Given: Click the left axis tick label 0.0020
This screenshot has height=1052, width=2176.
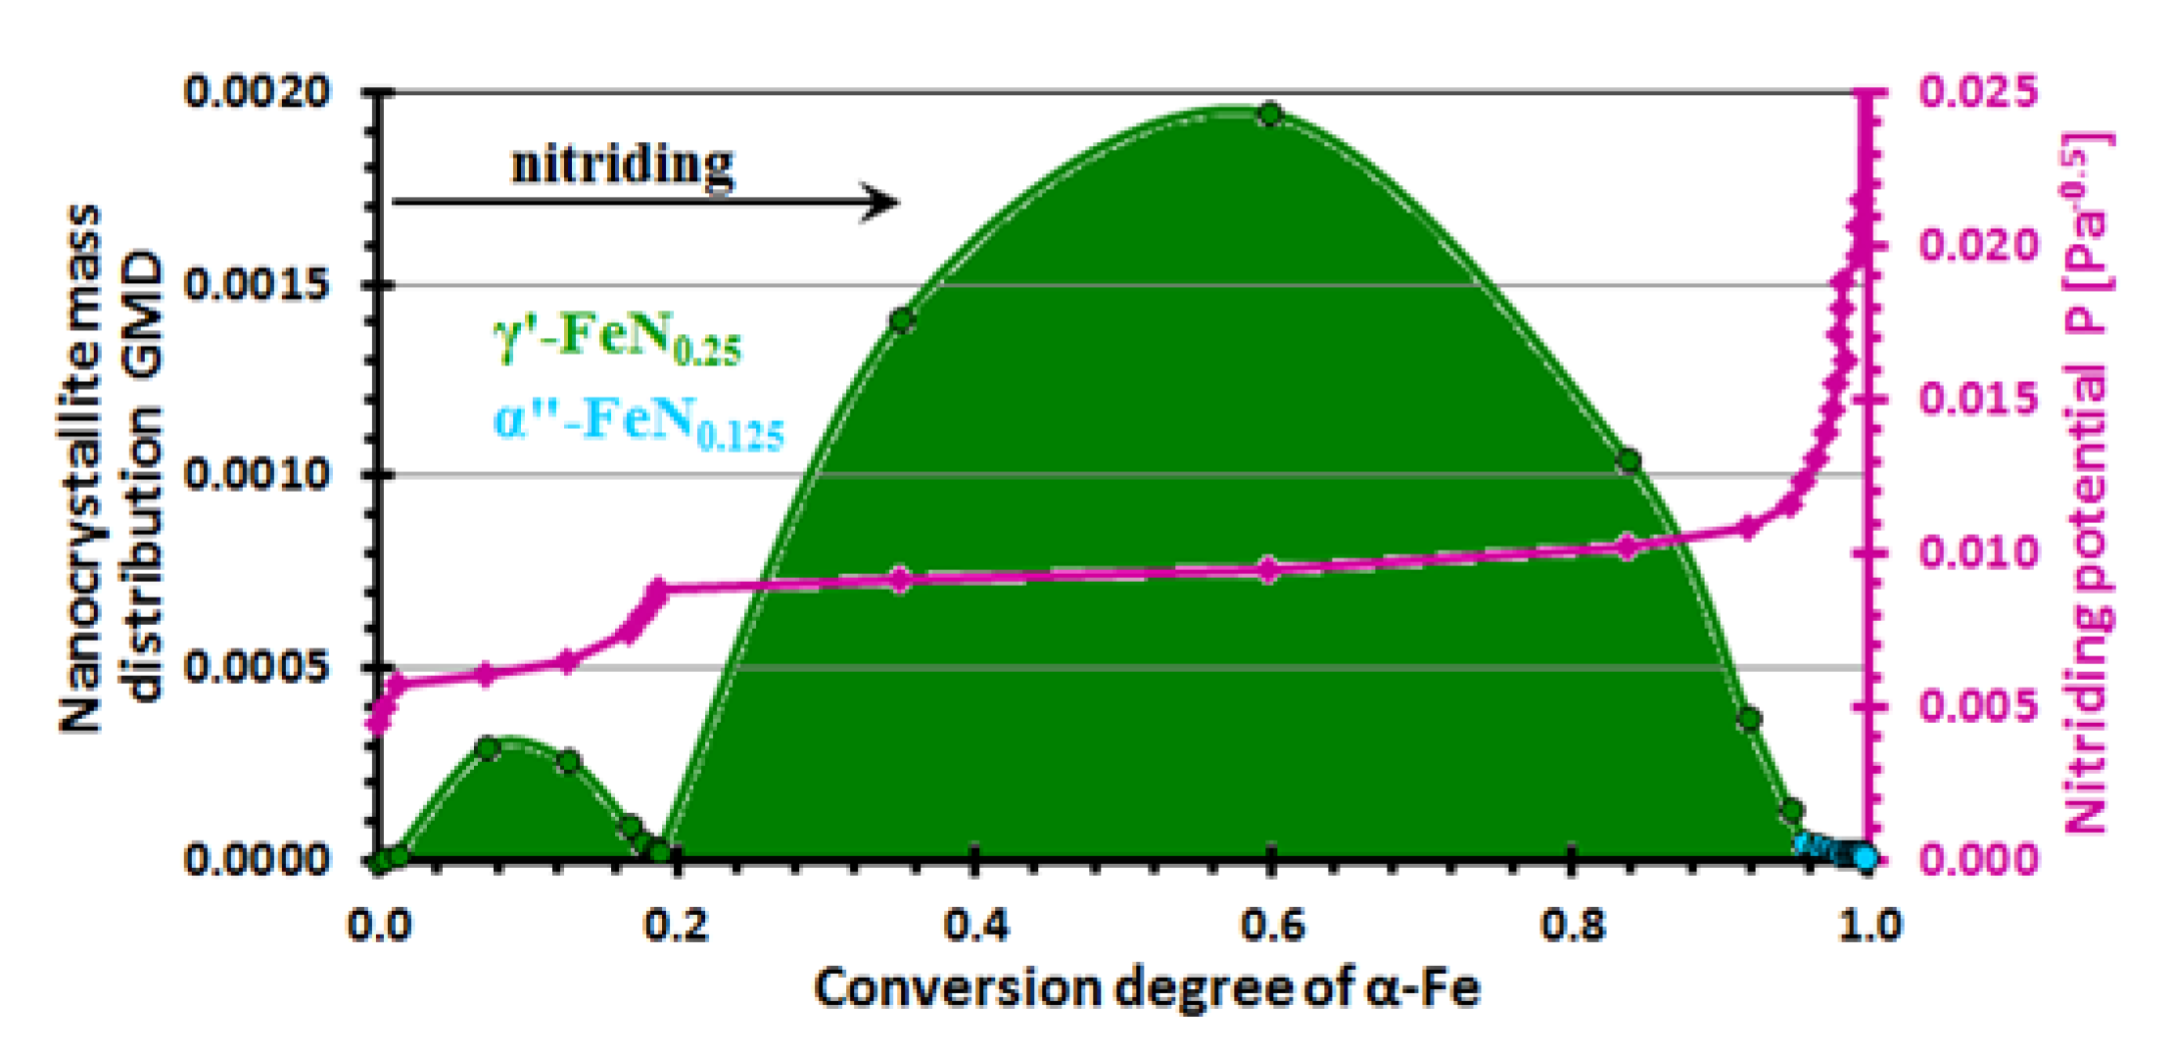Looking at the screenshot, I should pyautogui.click(x=258, y=92).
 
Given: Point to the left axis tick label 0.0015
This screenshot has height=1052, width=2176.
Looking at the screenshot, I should pyautogui.click(x=258, y=285).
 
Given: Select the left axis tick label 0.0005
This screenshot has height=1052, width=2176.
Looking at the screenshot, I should pyautogui.click(x=258, y=668).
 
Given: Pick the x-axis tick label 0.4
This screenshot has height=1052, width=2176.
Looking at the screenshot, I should pyautogui.click(x=975, y=925).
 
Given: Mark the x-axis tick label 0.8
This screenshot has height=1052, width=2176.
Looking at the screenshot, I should pyautogui.click(x=1572, y=925).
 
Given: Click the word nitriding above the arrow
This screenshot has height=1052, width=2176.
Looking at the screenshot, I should pyautogui.click(x=622, y=165).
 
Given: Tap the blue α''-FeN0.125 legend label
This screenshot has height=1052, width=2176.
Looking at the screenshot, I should pyautogui.click(x=639, y=424).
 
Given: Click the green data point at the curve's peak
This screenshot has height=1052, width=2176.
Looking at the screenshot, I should pyautogui.click(x=1270, y=115).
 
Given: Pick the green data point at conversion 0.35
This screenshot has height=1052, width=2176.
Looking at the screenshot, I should pyautogui.click(x=902, y=320).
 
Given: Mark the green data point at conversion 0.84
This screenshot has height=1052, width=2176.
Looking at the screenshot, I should pyautogui.click(x=1629, y=461).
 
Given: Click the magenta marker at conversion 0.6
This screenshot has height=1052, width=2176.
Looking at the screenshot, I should pyautogui.click(x=1269, y=569).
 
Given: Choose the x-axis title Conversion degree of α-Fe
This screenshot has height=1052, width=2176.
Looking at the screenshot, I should pyautogui.click(x=1146, y=987).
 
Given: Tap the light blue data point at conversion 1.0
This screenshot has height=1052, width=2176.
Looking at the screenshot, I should pyautogui.click(x=1867, y=859).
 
